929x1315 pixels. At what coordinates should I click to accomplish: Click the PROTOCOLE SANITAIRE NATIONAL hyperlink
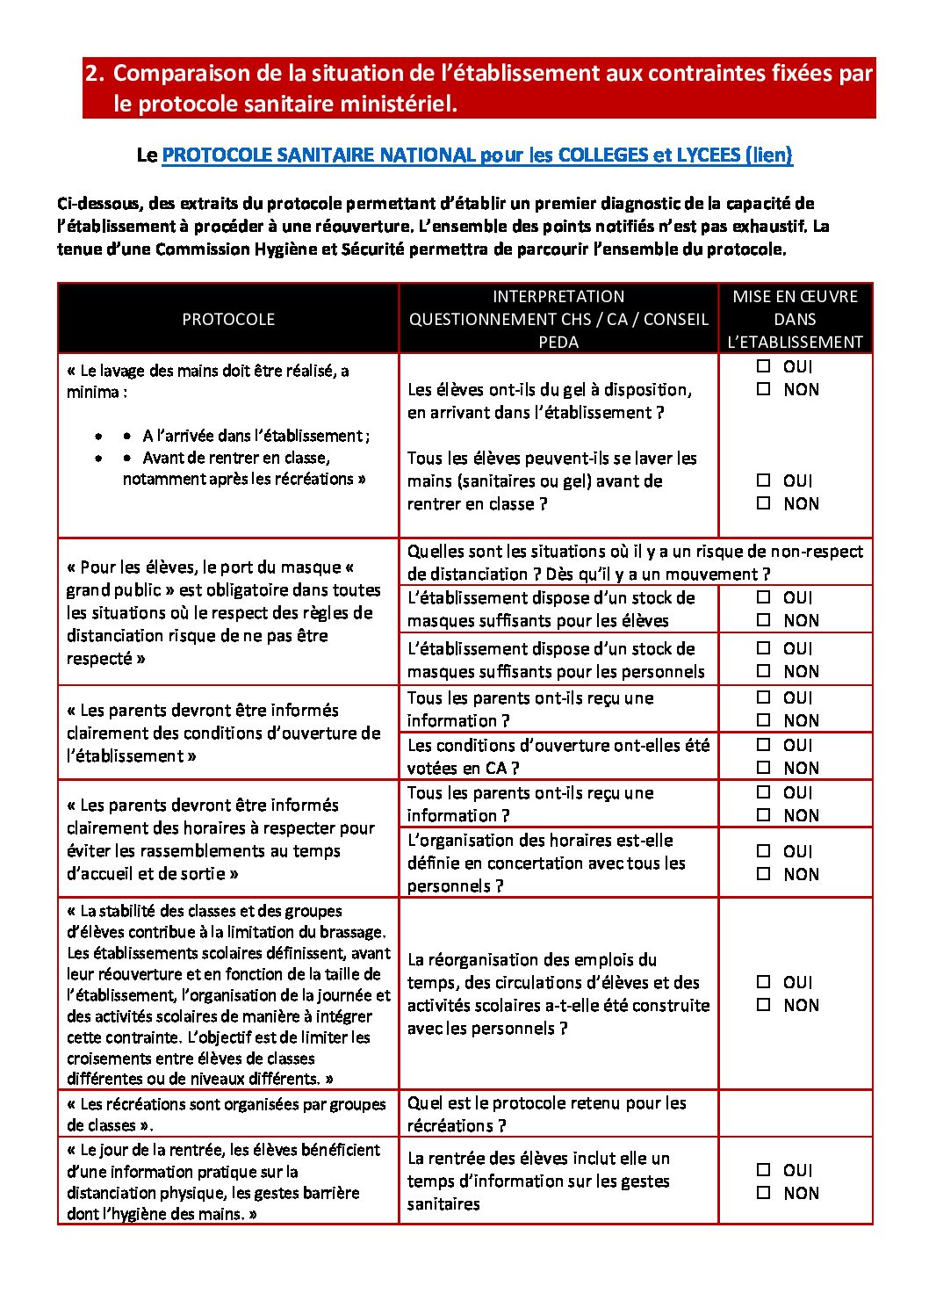point(477,155)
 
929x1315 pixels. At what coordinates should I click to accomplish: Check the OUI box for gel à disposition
point(764,366)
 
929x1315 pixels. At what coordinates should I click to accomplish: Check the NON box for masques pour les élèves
point(764,620)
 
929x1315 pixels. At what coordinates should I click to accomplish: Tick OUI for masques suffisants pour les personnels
point(764,648)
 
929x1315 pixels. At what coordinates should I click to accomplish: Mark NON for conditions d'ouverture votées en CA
point(764,768)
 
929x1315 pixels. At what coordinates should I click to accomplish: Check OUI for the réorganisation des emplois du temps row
point(764,982)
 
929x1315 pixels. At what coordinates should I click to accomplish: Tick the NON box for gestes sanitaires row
point(764,1193)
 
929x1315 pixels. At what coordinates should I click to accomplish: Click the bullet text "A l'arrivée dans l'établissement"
point(256,436)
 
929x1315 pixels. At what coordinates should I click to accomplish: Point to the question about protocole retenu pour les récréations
point(546,1114)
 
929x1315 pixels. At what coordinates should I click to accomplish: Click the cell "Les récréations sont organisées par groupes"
point(227,1114)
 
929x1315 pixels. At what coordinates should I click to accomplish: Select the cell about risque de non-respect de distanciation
point(635,562)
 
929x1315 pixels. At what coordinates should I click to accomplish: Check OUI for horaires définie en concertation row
point(764,851)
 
